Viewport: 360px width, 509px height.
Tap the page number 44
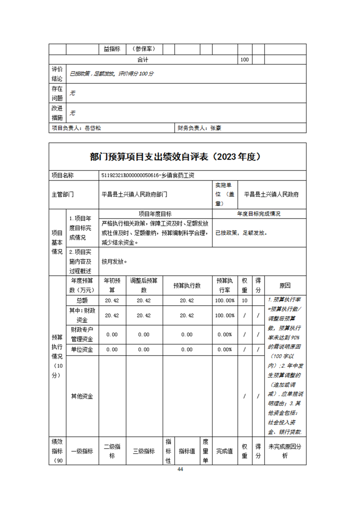(x=180, y=470)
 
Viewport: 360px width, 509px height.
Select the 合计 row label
(x=143, y=60)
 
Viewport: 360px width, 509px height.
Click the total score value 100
(x=244, y=60)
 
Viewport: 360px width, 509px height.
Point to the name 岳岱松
(x=93, y=128)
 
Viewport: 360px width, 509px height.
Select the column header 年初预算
(x=112, y=285)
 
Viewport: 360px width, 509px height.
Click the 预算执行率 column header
(x=225, y=285)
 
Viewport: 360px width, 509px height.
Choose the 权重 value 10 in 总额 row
(x=244, y=300)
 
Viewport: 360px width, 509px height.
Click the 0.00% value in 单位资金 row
(x=225, y=349)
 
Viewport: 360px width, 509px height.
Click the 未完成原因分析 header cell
(x=285, y=451)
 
